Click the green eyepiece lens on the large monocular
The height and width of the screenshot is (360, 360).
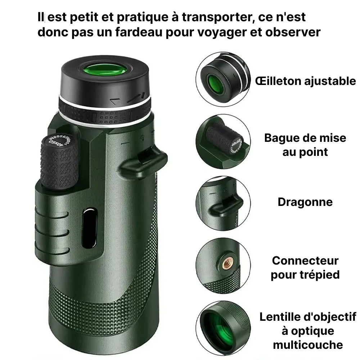[x=104, y=69]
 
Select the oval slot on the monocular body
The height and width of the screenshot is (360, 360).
[x=89, y=228]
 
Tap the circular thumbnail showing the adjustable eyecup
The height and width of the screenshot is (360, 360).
[x=223, y=79]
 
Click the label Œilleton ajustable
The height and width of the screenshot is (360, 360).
[x=305, y=81]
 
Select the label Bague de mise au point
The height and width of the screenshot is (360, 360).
[x=305, y=145]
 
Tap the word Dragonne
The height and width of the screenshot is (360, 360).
[x=305, y=202]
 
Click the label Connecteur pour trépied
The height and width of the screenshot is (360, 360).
[x=305, y=267]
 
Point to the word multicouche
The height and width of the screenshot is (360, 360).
[x=308, y=345]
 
